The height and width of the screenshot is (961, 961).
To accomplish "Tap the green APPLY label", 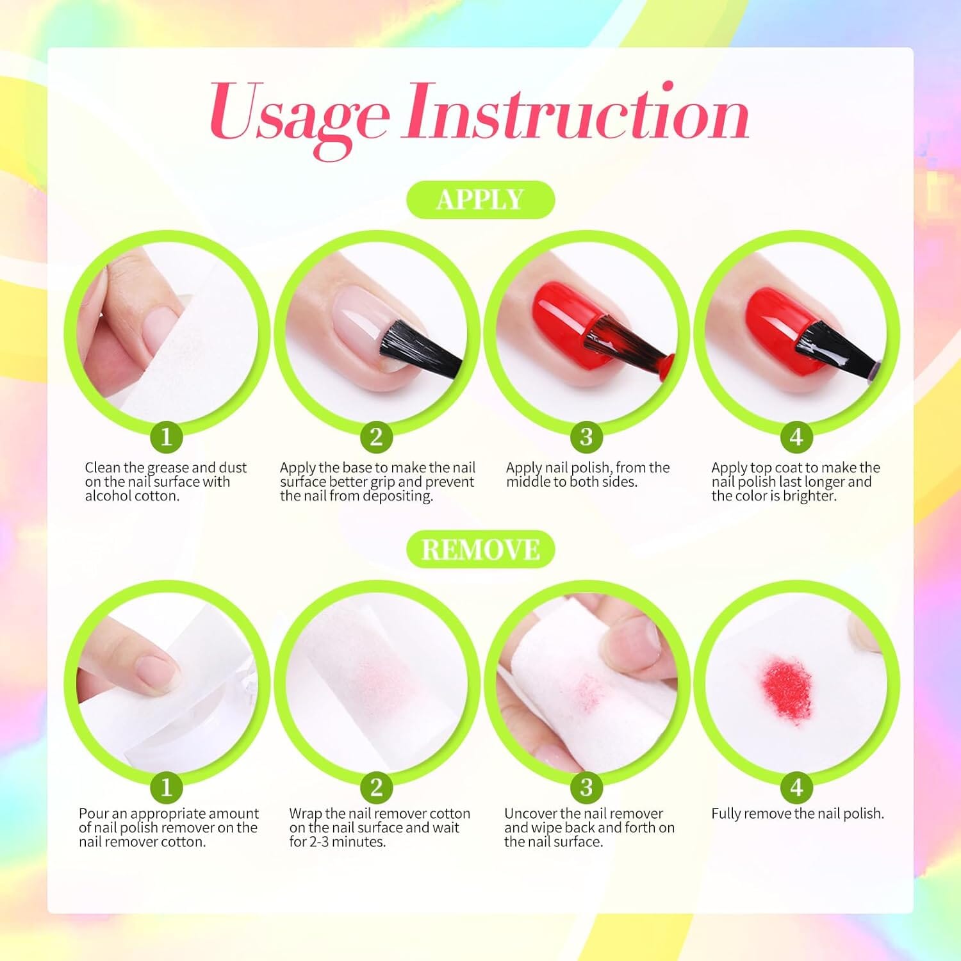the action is pos(481,199).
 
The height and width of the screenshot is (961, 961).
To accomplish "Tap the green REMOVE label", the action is pos(481,550).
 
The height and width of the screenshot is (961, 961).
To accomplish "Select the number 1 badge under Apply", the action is pos(167,436).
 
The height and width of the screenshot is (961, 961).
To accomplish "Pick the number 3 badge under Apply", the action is pos(586,436).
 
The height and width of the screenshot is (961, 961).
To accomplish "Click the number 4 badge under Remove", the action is pos(796,787).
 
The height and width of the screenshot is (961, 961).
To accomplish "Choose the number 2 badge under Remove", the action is pos(376,787).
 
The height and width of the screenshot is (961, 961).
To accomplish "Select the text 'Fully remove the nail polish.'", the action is pos(798,814).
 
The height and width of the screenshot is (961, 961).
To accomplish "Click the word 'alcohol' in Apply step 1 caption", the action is pos(108,496).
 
